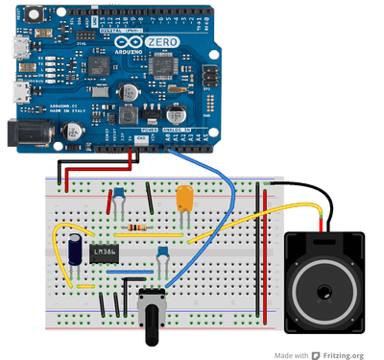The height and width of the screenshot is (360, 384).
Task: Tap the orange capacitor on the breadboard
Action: pos(184,199)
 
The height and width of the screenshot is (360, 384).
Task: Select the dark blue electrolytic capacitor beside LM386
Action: pos(74,248)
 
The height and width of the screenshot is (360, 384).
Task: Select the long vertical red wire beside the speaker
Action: pos(259,250)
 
